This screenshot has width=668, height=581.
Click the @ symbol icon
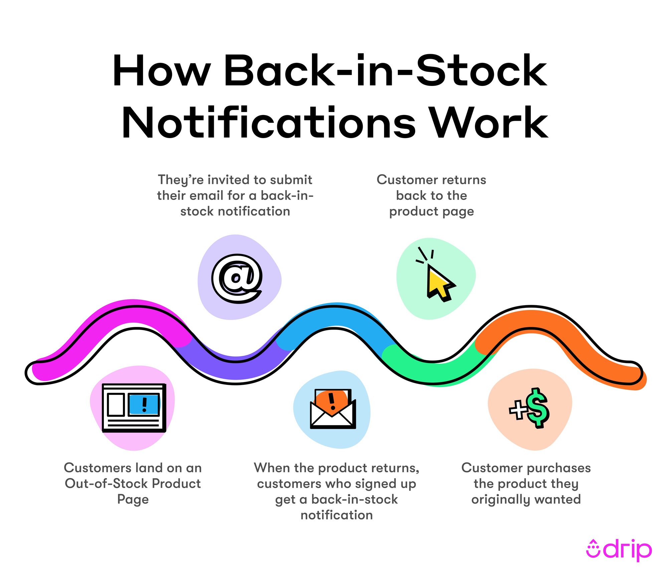coord(237,278)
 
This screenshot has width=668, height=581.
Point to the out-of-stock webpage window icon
coord(134,408)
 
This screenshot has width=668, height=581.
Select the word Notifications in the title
coord(269,123)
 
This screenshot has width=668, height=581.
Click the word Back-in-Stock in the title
coord(385,71)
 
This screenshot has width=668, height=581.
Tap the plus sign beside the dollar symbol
coord(518,410)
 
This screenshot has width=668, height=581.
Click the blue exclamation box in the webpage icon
coord(144,404)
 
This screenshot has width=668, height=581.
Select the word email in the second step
coord(207,196)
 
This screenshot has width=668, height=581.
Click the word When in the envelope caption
coord(272,468)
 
